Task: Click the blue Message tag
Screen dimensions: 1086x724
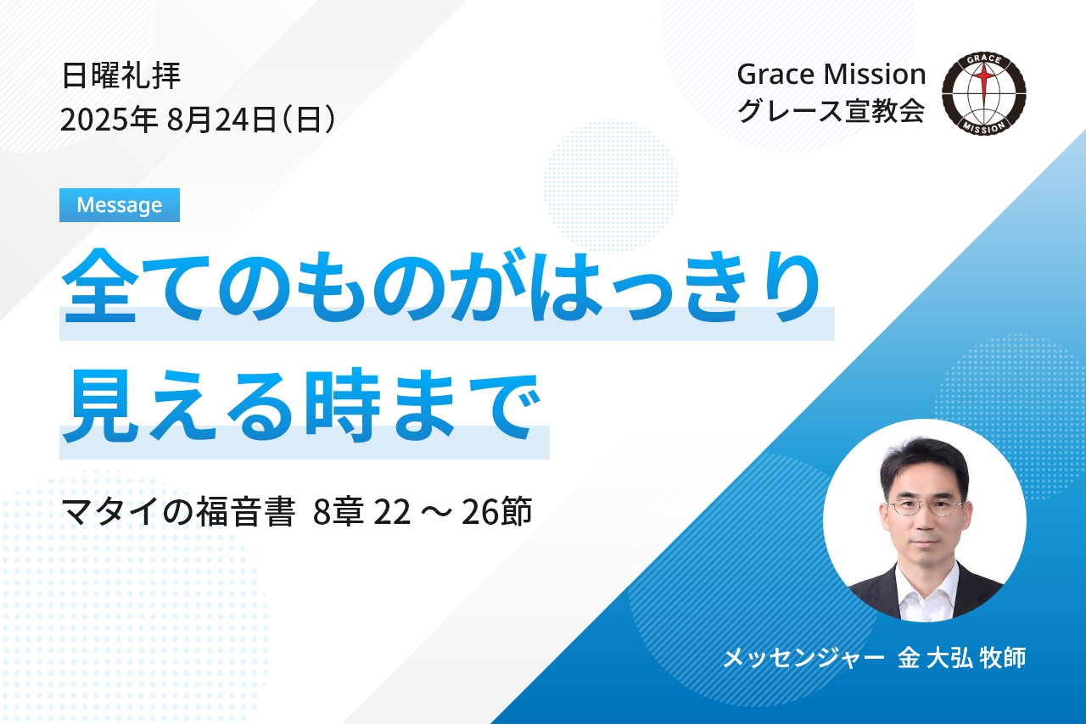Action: [x=120, y=205]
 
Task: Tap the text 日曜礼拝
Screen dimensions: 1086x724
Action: [x=121, y=76]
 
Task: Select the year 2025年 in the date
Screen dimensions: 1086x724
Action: [x=109, y=120]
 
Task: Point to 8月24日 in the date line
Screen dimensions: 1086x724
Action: [x=221, y=120]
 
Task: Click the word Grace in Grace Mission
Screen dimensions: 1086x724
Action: [x=775, y=75]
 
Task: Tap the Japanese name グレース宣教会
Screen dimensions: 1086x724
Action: [x=831, y=111]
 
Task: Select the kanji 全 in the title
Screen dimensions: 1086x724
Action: [x=100, y=286]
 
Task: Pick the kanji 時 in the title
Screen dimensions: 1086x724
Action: [x=344, y=405]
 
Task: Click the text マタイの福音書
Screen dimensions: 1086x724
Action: [x=179, y=512]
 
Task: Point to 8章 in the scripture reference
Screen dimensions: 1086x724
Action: [x=339, y=512]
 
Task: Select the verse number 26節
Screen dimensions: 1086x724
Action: [x=497, y=512]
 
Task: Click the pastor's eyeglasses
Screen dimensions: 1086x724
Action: [x=925, y=507]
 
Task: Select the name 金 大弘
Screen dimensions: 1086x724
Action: [x=935, y=658]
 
